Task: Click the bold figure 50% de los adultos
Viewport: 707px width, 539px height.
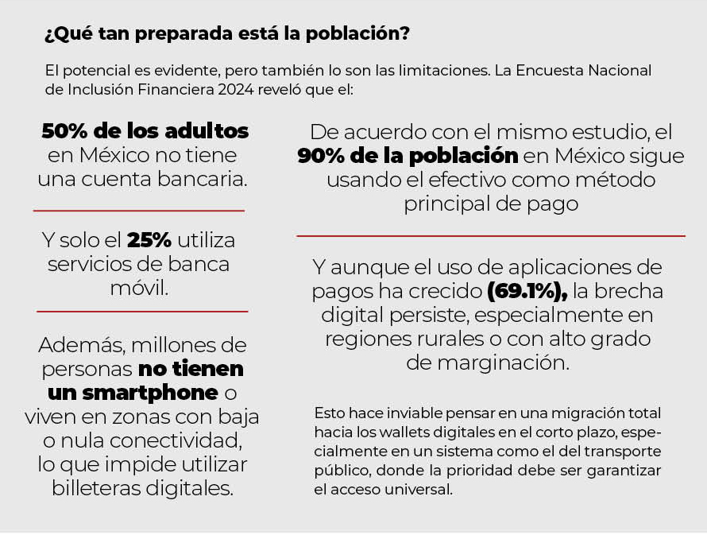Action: click(x=145, y=130)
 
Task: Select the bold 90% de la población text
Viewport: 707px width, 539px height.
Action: click(x=408, y=156)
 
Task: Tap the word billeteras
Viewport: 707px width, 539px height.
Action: click(x=98, y=487)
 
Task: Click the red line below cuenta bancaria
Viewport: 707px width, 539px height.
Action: click(x=139, y=211)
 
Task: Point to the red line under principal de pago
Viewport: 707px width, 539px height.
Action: click(x=491, y=236)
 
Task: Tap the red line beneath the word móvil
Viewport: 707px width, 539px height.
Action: click(x=142, y=312)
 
